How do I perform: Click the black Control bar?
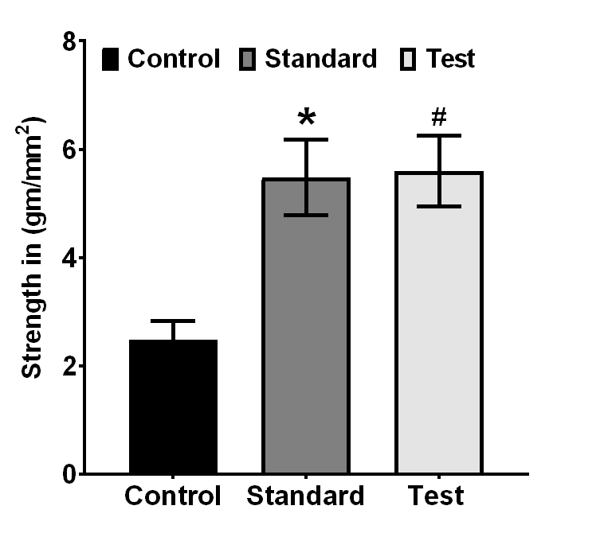coord(173,407)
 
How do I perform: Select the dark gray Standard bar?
coord(306,326)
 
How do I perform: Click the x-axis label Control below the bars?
coord(173,497)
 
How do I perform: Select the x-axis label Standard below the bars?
coord(305,497)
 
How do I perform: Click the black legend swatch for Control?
coord(111,59)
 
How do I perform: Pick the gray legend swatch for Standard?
coord(247,59)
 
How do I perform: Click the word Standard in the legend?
coord(320,59)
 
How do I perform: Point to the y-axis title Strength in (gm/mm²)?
coord(33,247)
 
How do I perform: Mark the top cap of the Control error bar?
coord(173,321)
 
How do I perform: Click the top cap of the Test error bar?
coord(438,136)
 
